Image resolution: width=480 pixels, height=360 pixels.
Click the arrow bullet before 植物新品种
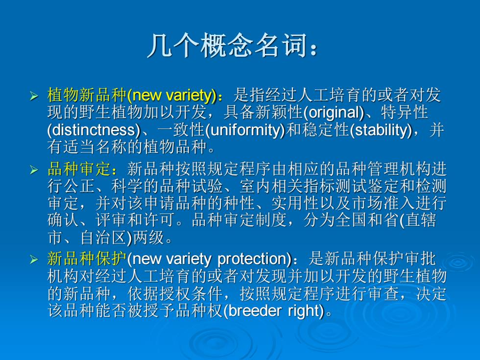click(34, 96)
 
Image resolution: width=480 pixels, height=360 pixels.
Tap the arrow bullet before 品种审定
click(34, 170)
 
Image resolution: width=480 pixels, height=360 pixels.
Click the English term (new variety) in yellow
click(172, 96)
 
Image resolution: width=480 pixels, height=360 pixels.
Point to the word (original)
click(334, 113)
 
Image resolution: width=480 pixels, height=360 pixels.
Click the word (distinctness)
click(94, 130)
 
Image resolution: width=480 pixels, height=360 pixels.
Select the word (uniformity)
click(245, 130)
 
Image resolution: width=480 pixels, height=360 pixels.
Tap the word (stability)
click(381, 130)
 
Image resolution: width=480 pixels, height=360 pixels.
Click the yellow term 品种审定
click(79, 169)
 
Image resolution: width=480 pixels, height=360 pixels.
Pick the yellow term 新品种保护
click(87, 259)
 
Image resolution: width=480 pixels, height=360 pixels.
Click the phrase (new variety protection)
click(209, 260)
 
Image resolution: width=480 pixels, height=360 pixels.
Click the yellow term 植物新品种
click(87, 95)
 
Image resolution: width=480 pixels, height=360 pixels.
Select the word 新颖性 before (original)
click(279, 112)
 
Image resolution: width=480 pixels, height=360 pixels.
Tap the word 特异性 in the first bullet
click(404, 112)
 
